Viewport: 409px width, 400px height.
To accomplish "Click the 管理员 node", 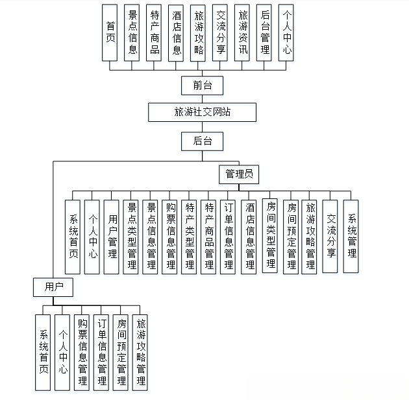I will tap(238, 174).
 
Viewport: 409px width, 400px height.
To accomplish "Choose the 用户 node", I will tap(53, 286).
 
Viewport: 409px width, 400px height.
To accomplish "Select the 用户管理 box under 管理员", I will tap(112, 237).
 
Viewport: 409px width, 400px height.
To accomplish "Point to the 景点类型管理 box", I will tap(131, 237).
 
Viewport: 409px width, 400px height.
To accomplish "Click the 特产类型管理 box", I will tap(189, 237).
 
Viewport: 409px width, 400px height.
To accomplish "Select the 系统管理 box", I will tap(351, 237).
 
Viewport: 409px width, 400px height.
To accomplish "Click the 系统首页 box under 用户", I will tap(43, 352).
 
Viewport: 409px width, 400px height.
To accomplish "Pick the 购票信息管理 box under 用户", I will tap(82, 352).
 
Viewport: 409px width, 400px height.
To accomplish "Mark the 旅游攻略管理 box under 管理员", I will tap(310, 237).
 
